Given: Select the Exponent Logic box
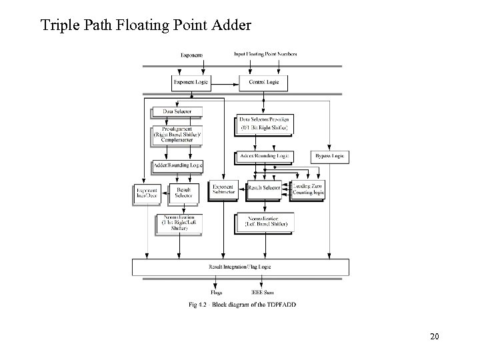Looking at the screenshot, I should click(191, 83).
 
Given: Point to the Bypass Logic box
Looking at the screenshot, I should click(330, 157).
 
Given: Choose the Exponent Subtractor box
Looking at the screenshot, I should click(223, 191).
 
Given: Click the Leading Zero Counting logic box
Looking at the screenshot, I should click(309, 190).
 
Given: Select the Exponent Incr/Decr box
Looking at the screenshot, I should click(148, 192).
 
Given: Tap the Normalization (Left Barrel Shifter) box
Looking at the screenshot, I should click(265, 223).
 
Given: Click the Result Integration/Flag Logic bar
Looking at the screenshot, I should click(239, 267).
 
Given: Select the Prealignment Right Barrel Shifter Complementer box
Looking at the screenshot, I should click(177, 136).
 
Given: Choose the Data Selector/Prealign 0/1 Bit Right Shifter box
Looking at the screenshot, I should click(265, 125).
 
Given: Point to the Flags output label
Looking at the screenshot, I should click(217, 292).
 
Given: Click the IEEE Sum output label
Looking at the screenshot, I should click(262, 292).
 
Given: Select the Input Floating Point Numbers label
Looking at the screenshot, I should click(265, 53).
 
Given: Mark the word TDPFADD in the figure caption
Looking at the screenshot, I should click(282, 305).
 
